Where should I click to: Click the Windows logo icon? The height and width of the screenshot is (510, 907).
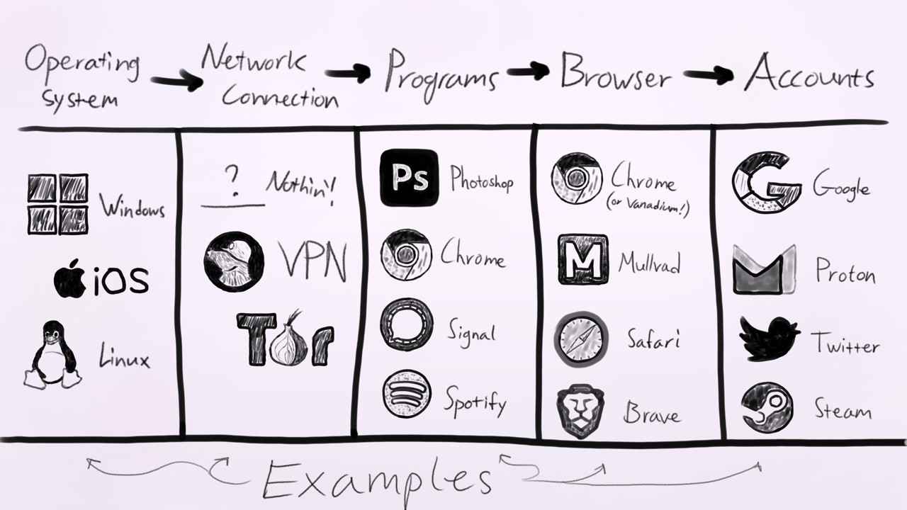(58, 204)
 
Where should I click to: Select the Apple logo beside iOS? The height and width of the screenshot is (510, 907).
(69, 279)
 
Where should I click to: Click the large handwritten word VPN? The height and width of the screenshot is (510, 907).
(312, 263)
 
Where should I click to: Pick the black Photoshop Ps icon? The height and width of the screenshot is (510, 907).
(408, 178)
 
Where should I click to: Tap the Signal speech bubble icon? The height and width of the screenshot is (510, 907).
(406, 324)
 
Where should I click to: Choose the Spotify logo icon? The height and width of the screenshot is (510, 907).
(406, 395)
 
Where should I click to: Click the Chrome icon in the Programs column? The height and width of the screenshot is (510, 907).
(406, 254)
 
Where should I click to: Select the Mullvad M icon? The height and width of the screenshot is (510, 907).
(582, 259)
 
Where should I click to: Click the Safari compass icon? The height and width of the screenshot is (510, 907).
(581, 339)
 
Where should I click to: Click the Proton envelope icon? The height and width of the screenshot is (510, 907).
(764, 270)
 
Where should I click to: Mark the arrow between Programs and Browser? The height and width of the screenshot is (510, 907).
(528, 70)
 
